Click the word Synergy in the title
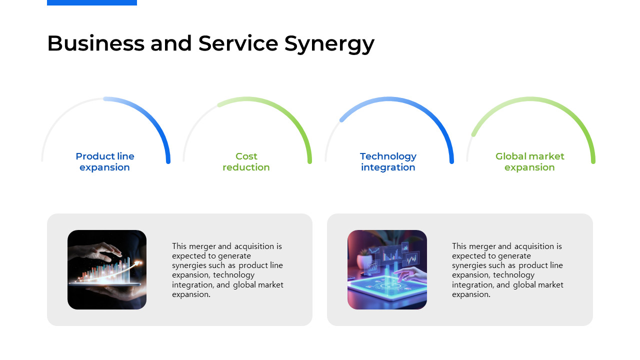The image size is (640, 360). pyautogui.click(x=329, y=44)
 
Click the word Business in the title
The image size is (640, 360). pyautogui.click(x=95, y=43)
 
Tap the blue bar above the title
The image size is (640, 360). pyautogui.click(x=92, y=2)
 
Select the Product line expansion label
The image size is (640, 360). pyautogui.click(x=105, y=161)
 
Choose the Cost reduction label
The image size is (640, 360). pyautogui.click(x=246, y=161)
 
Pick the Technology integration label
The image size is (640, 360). pyautogui.click(x=388, y=162)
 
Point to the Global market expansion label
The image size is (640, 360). pyautogui.click(x=529, y=161)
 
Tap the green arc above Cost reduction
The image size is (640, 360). pyautogui.click(x=288, y=113)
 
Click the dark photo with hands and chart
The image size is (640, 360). pyautogui.click(x=107, y=269)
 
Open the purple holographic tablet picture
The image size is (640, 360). pyautogui.click(x=387, y=269)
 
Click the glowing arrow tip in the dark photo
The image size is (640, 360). pyautogui.click(x=139, y=262)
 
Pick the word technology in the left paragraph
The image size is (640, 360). pyautogui.click(x=233, y=275)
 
